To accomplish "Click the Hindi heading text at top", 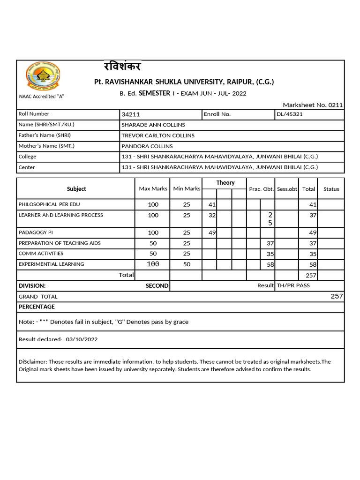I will (x=122, y=67).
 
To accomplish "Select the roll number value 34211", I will (x=131, y=114).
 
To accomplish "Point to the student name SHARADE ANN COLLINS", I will (x=153, y=125).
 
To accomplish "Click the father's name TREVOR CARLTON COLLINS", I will (x=158, y=135).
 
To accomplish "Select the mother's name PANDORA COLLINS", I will (x=147, y=146).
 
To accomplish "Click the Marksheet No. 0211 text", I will (x=313, y=105).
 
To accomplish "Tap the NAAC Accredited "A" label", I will (x=41, y=97).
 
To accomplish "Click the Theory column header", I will (x=225, y=183).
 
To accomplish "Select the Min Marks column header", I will (x=187, y=189).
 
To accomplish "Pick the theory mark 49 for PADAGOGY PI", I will (x=211, y=233).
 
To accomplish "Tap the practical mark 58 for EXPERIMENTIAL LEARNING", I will (x=270, y=265).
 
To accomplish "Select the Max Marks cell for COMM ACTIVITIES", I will (x=153, y=254).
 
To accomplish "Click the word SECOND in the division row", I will (x=157, y=285).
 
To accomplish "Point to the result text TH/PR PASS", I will (x=293, y=285).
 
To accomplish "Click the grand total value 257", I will (x=337, y=296).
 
